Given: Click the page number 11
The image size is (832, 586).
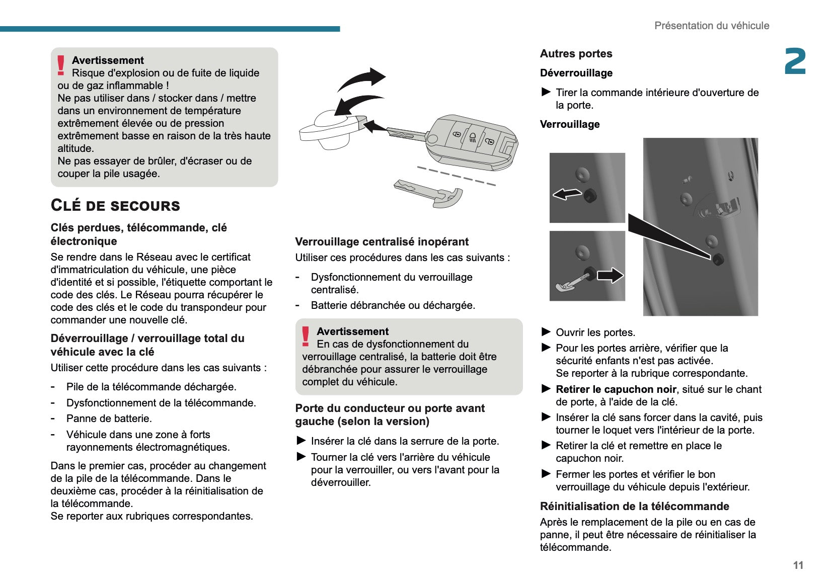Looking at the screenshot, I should pyautogui.click(x=798, y=565).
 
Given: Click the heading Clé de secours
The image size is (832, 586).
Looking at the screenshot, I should pyautogui.click(x=115, y=205).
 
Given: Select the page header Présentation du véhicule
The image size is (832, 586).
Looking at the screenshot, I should pyautogui.click(x=711, y=26).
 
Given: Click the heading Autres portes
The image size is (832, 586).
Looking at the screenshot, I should pyautogui.click(x=576, y=54).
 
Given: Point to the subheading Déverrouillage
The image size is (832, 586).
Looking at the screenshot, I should pyautogui.click(x=576, y=73).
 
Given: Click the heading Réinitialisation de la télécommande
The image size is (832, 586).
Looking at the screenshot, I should pyautogui.click(x=634, y=506).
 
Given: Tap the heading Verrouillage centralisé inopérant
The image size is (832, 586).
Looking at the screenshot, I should pyautogui.click(x=382, y=241).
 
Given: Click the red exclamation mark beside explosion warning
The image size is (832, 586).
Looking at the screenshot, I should pyautogui.click(x=61, y=65).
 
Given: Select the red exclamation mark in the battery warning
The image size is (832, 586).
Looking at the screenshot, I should pyautogui.click(x=306, y=336).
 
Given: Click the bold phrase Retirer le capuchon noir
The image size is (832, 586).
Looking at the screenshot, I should pyautogui.click(x=616, y=389).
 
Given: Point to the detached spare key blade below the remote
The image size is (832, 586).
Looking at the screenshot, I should pyautogui.click(x=428, y=194).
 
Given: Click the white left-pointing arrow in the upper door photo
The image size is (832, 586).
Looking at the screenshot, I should pyautogui.click(x=567, y=194).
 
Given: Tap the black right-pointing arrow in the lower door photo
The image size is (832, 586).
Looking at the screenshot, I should pyautogui.click(x=610, y=275).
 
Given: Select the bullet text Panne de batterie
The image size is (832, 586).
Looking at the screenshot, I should pyautogui.click(x=109, y=418).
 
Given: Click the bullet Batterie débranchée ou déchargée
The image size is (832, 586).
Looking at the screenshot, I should pyautogui.click(x=393, y=305).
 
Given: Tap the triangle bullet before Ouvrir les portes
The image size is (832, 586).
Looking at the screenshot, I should pyautogui.click(x=546, y=332).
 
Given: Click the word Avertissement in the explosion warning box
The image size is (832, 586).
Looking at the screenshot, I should pyautogui.click(x=108, y=60).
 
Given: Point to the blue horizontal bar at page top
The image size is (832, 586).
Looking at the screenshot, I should pyautogui.click(x=170, y=29).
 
